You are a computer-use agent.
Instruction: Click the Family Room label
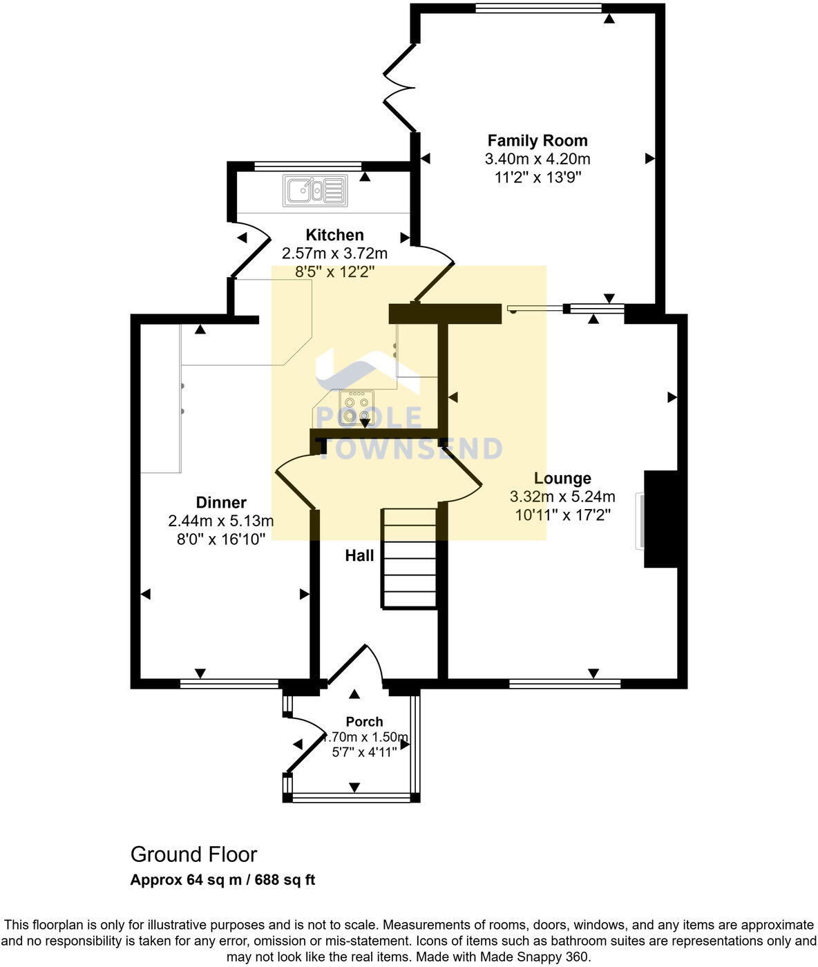[538, 141]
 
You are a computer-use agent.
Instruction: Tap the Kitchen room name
[334, 236]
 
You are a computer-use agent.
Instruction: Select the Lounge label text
[562, 479]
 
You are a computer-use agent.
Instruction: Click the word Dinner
[221, 503]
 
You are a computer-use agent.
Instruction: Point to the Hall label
[359, 556]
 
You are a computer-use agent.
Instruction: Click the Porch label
[364, 722]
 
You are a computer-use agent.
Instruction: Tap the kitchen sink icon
[315, 190]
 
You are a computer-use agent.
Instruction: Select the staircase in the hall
[410, 558]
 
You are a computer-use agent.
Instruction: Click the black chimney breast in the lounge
[660, 519]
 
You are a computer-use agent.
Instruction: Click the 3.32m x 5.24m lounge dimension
[562, 497]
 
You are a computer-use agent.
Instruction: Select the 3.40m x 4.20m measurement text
[538, 159]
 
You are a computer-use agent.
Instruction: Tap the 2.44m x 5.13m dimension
[221, 521]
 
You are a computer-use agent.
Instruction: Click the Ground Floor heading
[193, 854]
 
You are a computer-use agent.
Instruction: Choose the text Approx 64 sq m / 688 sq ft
[222, 880]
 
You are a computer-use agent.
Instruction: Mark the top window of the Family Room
[538, 8]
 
